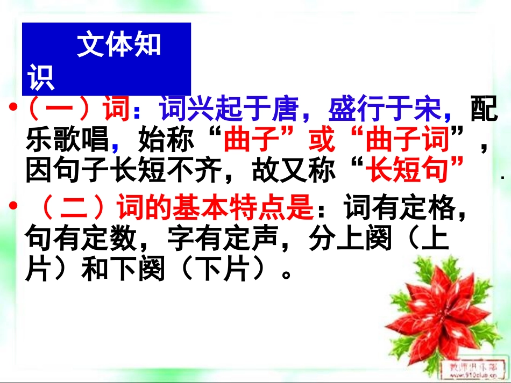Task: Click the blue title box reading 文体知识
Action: [x=107, y=59]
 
